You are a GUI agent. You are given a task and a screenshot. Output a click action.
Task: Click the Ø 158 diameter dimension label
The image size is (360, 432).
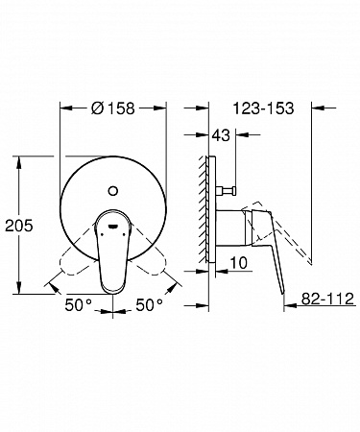[113, 108]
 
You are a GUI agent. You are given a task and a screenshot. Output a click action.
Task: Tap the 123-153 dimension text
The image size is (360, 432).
[263, 108]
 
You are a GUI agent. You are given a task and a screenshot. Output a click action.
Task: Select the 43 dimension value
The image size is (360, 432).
[221, 135]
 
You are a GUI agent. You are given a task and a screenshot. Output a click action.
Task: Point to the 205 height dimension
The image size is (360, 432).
[19, 226]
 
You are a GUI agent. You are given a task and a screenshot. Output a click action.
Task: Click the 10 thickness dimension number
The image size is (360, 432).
[239, 263]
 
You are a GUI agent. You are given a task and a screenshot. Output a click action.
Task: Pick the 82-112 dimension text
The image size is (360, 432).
[327, 299]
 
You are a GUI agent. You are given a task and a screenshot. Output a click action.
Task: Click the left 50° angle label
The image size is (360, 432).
[79, 304]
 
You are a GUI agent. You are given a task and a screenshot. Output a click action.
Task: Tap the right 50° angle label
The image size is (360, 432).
[149, 304]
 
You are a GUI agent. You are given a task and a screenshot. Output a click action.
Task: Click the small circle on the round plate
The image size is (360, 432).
[113, 191]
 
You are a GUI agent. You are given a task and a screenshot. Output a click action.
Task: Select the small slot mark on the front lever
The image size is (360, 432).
[113, 227]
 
